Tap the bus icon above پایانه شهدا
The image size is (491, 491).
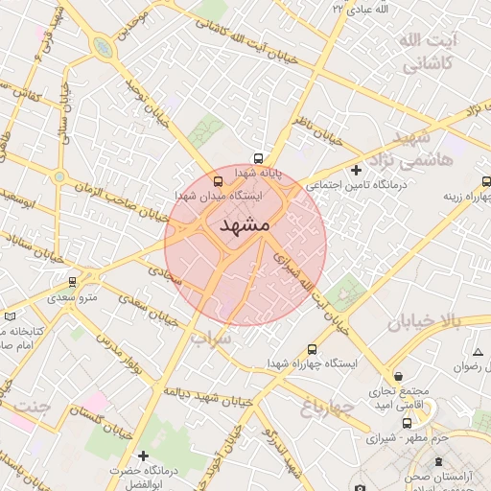[257, 158]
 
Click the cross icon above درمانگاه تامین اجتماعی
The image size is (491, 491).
[356, 170]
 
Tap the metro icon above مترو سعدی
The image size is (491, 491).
[72, 282]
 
